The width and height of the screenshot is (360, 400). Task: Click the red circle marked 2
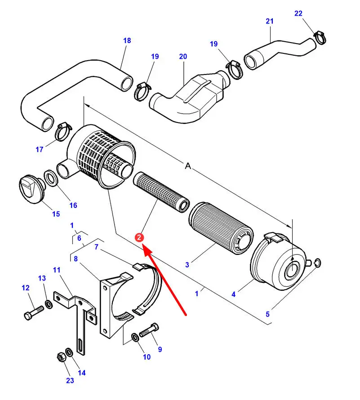click(140, 237)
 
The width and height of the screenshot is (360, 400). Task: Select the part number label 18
click(127, 41)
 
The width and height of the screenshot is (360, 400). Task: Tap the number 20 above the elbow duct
click(183, 57)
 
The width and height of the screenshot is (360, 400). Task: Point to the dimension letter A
click(188, 166)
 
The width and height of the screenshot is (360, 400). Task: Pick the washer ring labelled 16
click(50, 178)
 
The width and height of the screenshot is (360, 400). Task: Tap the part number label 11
click(57, 270)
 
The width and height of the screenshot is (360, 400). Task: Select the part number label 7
click(96, 247)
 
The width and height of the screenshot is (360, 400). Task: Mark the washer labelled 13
click(48, 305)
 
